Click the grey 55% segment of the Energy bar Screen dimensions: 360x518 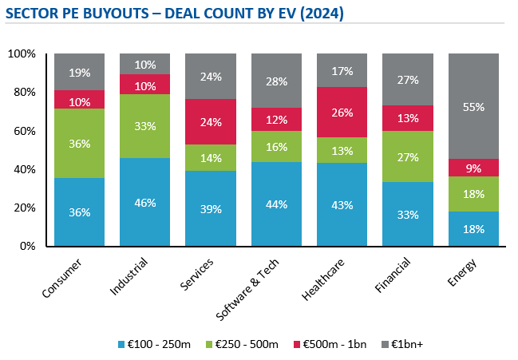[473, 106]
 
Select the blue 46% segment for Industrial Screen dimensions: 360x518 [144, 202]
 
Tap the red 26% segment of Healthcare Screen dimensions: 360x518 [342, 113]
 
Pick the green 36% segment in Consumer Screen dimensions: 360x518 [79, 143]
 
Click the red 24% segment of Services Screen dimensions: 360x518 [210, 122]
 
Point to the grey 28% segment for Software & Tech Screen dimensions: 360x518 [276, 81]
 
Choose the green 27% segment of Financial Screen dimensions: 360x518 [408, 156]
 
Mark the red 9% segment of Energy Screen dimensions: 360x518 [473, 168]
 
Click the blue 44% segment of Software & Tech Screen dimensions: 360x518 [276, 204]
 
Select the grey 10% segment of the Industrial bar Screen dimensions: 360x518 [144, 64]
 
